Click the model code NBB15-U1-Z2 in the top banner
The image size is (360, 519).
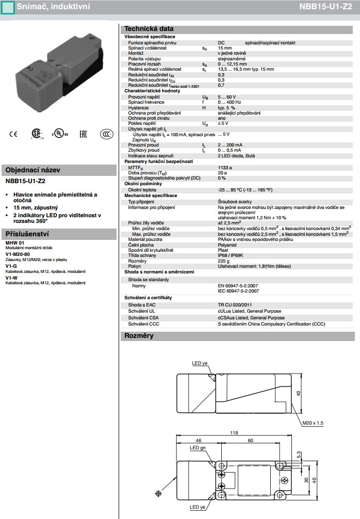[x=328, y=7]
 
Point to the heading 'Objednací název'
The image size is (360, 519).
[x=33, y=170]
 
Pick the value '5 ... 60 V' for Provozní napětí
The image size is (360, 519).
[x=227, y=96]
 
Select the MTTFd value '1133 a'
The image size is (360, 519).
[x=225, y=167]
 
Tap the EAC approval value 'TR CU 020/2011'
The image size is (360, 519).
[x=235, y=305]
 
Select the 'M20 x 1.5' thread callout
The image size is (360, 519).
[x=313, y=423]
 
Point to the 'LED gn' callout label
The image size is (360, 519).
[x=198, y=448]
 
